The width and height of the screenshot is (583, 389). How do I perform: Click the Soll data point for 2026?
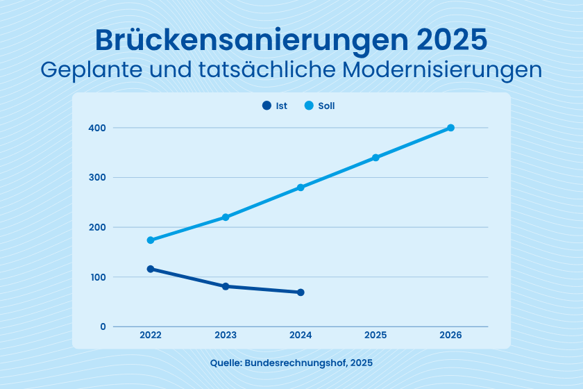pyautogui.click(x=450, y=128)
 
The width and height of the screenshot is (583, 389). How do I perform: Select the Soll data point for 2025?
pyautogui.click(x=375, y=158)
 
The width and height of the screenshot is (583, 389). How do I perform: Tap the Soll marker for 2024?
pyautogui.click(x=301, y=188)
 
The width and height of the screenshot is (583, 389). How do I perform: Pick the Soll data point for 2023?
pyautogui.click(x=226, y=217)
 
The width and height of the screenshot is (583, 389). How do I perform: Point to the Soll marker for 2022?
pyautogui.click(x=151, y=240)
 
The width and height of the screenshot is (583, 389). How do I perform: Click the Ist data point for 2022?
pyautogui.click(x=151, y=269)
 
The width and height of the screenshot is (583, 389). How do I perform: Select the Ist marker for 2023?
pyautogui.click(x=226, y=286)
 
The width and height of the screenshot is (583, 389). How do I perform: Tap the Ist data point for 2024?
pyautogui.click(x=301, y=292)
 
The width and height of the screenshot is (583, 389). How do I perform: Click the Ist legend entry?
pyautogui.click(x=275, y=106)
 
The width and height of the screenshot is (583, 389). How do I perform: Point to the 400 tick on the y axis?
pyautogui.click(x=97, y=128)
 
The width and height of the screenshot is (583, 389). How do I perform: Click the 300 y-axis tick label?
pyautogui.click(x=97, y=178)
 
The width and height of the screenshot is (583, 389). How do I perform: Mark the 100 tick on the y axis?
pyautogui.click(x=97, y=277)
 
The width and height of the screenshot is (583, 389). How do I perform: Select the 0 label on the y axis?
pyautogui.click(x=103, y=326)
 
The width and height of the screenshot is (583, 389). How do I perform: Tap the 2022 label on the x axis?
pyautogui.click(x=151, y=335)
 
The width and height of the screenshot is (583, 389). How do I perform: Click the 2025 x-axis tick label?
pyautogui.click(x=375, y=335)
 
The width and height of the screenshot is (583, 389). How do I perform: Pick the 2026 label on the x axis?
pyautogui.click(x=450, y=335)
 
